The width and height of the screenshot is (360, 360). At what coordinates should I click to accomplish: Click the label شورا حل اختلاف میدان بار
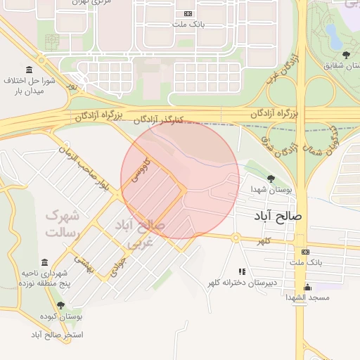click(30, 86)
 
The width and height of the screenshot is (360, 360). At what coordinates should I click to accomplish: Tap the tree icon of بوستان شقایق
click(345, 55)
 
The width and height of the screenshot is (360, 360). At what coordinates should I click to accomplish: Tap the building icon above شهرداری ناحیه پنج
click(44, 262)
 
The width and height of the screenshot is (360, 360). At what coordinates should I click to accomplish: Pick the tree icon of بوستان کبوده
click(60, 305)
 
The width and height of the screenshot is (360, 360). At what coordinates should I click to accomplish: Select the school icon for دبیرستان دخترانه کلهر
click(242, 271)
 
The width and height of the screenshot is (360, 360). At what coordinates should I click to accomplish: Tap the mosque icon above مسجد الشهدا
click(307, 287)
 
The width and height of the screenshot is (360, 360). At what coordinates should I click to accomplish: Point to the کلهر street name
click(264, 241)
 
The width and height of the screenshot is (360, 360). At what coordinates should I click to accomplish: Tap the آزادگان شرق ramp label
click(268, 141)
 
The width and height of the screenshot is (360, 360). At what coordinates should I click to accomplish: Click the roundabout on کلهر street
click(236, 238)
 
